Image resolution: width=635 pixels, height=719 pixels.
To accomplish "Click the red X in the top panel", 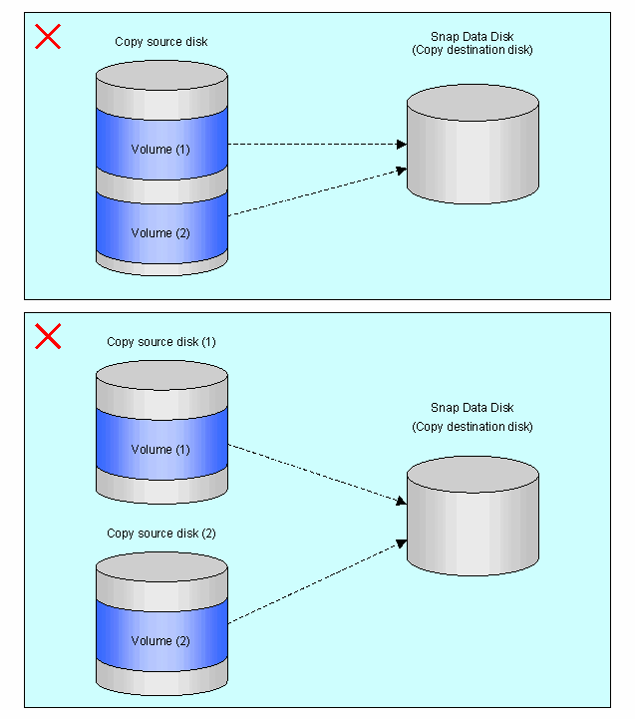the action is (48, 36).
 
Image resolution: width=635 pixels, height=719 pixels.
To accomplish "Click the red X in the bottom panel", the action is (48, 336).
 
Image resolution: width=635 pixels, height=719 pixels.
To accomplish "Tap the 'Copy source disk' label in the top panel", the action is (160, 42).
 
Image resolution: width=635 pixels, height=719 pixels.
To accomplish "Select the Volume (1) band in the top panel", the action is (161, 144).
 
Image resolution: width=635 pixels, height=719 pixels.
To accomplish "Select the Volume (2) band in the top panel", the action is (161, 228).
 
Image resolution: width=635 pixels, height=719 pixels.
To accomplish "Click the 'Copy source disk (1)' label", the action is (160, 342).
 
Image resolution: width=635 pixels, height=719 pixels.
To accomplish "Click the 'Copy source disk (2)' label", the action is (160, 534).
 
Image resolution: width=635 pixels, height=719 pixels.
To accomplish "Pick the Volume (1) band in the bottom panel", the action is (161, 444).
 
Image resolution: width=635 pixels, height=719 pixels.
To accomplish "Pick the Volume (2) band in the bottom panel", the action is (161, 635).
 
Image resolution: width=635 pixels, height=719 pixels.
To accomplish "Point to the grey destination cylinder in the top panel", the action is (473, 144).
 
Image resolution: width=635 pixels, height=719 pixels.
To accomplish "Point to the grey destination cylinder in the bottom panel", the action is (473, 516).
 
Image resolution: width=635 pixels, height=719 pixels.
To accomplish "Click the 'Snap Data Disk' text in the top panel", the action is (473, 36).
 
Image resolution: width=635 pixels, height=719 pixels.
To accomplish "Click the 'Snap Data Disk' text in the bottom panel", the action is (473, 408).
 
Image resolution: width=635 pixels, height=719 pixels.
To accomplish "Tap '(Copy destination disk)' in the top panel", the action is (473, 50).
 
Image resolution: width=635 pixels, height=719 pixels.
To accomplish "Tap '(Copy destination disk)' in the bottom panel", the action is (473, 427).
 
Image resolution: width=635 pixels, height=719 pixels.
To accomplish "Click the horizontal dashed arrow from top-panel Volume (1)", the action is (317, 144).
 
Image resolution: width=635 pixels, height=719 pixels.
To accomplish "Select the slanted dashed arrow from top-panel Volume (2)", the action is (317, 191).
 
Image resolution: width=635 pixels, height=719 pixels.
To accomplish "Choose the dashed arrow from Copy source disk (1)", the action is (317, 474).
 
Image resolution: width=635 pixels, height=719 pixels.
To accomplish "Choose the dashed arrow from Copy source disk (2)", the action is (317, 581).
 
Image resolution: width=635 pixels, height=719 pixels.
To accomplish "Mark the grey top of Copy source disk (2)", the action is (161, 567).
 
